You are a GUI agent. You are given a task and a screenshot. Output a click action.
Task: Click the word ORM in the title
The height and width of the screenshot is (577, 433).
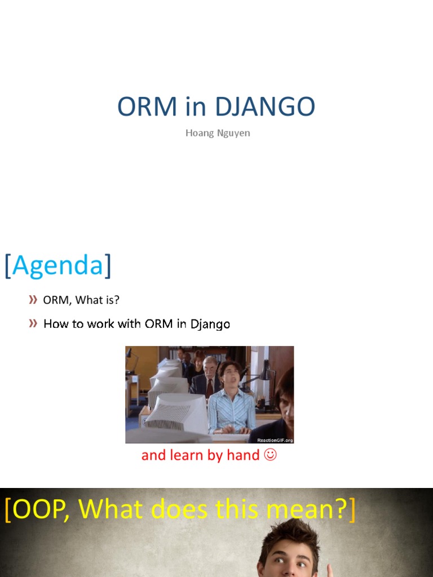click(x=147, y=106)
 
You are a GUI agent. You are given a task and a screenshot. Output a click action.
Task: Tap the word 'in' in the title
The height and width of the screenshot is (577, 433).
click(x=196, y=106)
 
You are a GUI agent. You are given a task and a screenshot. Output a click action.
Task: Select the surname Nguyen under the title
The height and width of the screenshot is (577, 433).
click(x=233, y=134)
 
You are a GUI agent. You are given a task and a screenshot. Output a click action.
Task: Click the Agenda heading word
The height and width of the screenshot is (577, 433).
click(x=58, y=265)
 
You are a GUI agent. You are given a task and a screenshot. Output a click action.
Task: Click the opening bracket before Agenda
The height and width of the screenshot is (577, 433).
click(x=8, y=265)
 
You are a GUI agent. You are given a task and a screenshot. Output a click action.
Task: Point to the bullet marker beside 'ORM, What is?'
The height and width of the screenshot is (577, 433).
click(x=33, y=300)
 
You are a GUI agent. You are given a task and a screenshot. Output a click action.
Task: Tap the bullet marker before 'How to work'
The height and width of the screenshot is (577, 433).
click(x=33, y=323)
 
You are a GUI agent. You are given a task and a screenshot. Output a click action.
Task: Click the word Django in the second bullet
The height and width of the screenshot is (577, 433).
click(x=210, y=324)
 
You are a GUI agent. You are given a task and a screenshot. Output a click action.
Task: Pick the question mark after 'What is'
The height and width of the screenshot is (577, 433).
click(x=117, y=300)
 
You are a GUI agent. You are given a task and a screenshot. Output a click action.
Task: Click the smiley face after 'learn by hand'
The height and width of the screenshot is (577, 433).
click(x=270, y=455)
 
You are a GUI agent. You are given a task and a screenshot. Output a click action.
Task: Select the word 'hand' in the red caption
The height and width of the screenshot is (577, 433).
click(x=242, y=455)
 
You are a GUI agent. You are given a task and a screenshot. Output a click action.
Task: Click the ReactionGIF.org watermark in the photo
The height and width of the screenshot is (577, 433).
click(x=275, y=440)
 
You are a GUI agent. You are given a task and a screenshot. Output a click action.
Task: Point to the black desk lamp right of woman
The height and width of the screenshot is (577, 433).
click(x=266, y=375)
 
